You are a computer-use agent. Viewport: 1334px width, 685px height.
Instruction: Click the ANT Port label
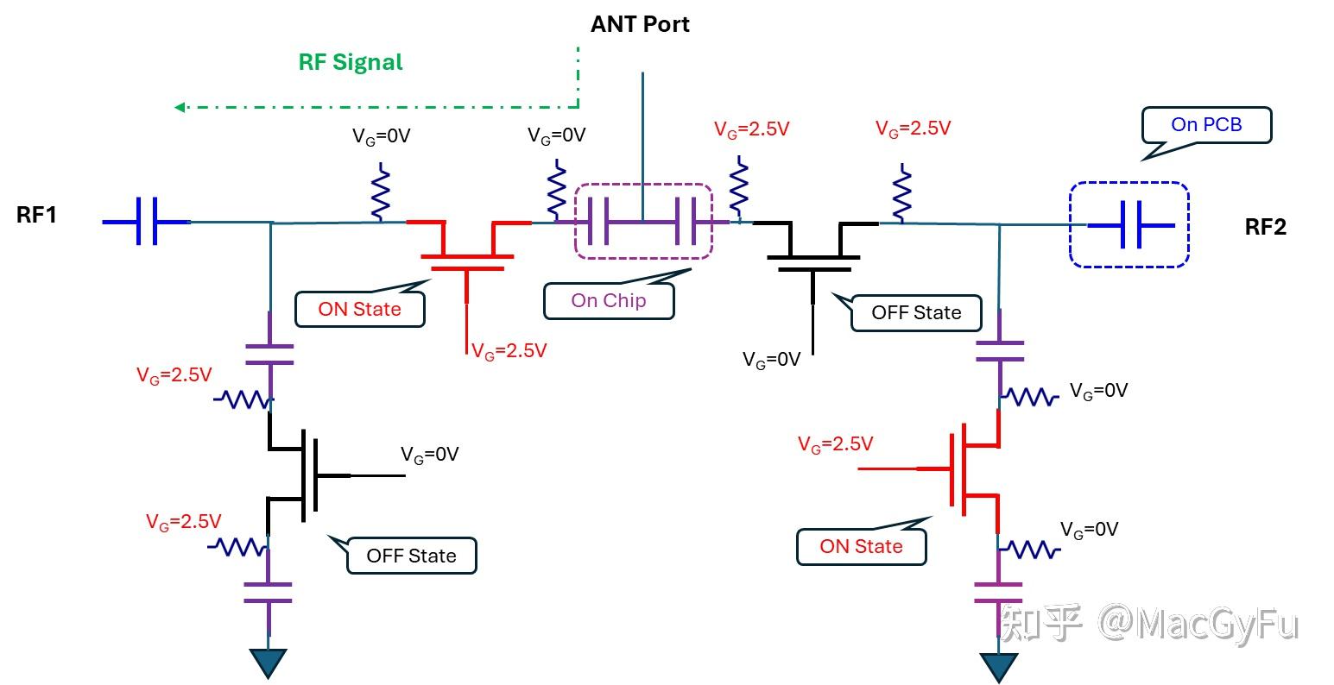640,24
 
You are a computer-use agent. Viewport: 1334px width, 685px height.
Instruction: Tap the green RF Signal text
351,62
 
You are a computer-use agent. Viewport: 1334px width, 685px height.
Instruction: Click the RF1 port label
36,215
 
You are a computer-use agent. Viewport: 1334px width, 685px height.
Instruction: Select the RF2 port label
1266,227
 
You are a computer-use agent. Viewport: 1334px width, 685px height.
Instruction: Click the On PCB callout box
1206,125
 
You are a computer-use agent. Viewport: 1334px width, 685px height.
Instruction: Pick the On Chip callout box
609,300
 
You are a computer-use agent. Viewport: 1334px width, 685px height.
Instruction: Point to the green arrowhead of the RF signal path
180,107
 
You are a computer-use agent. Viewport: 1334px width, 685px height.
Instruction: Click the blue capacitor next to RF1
147,222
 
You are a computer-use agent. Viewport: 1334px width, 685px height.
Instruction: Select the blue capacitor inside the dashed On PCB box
1131,225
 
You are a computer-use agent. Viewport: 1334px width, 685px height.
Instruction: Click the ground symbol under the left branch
268,663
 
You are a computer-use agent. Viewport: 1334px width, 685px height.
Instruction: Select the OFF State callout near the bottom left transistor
411,556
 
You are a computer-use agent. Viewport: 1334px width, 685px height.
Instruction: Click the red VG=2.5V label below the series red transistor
509,350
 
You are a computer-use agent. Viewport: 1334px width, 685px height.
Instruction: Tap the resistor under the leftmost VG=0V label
381,192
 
